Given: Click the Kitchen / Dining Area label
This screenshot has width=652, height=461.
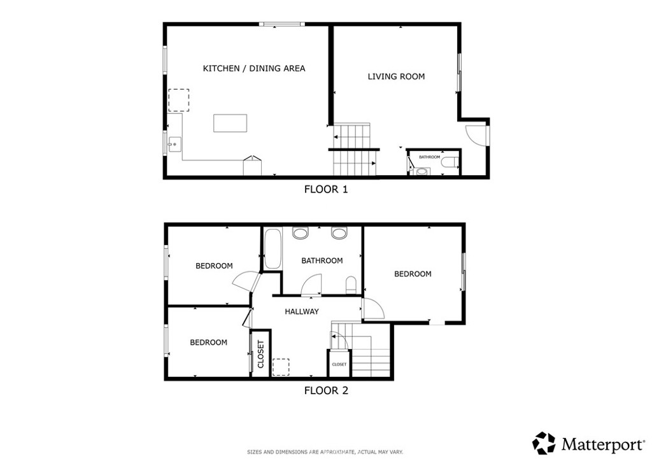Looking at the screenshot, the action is (x=253, y=69).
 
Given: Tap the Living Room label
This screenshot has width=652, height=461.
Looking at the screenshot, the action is (x=396, y=76).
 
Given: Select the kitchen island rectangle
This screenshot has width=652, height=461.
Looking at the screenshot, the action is (x=230, y=124).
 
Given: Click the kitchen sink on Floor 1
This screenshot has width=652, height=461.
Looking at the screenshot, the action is (x=174, y=145).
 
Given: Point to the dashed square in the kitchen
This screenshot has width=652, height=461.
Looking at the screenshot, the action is (x=179, y=100).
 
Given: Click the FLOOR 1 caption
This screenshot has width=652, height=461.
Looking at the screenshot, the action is (x=326, y=190).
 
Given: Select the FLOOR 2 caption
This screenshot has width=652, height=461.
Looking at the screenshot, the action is (x=326, y=391).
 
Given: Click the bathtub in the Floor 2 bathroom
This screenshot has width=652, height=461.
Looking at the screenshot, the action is (x=273, y=248).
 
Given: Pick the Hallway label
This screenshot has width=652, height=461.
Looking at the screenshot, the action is (x=302, y=311).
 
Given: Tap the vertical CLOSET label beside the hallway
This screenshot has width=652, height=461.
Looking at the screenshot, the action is (x=261, y=354).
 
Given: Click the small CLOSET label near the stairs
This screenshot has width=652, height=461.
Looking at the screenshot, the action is (x=339, y=365).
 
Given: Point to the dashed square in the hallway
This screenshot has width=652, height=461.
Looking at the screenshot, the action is (x=281, y=367).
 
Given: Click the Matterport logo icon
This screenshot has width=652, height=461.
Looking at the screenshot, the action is (x=544, y=443).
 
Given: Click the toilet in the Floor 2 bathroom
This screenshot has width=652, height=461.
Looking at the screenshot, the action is (x=351, y=285).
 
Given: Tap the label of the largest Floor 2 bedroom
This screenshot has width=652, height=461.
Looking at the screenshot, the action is (x=413, y=274).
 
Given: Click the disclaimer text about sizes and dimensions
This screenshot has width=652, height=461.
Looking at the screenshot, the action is (x=325, y=452).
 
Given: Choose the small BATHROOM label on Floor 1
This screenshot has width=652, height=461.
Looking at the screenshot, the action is (x=430, y=157).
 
